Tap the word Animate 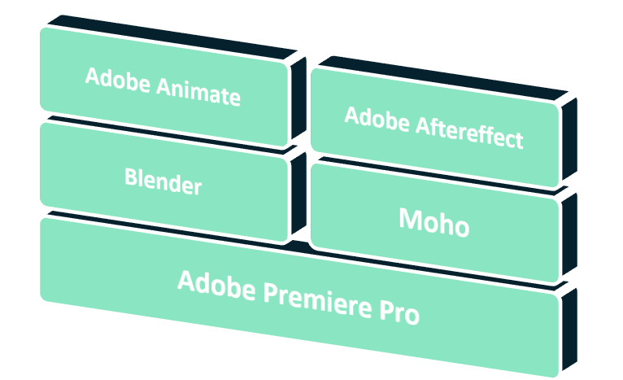point(198,92)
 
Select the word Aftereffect point(469,132)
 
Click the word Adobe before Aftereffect point(377,119)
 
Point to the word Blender point(163,181)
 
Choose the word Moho point(433,223)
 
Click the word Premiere point(317,299)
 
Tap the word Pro point(399,311)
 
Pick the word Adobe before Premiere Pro point(216,285)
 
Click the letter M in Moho point(411,219)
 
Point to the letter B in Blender point(131,177)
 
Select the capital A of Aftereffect point(423,124)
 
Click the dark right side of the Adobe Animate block point(298,98)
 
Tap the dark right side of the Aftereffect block point(569,138)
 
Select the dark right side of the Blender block point(298,193)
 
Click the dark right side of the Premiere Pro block point(569,330)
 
